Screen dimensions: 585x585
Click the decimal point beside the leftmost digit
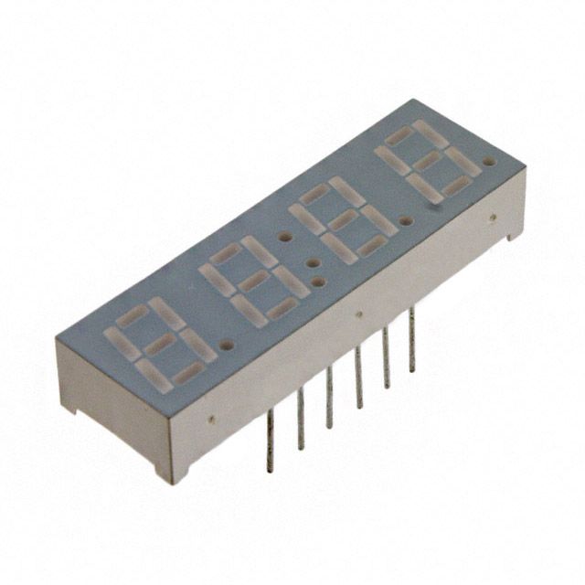point(226,346)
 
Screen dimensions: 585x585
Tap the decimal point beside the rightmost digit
point(489,162)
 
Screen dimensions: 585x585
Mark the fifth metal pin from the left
point(385,356)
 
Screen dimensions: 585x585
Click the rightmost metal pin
point(411,338)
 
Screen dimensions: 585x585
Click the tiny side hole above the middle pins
point(359,314)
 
